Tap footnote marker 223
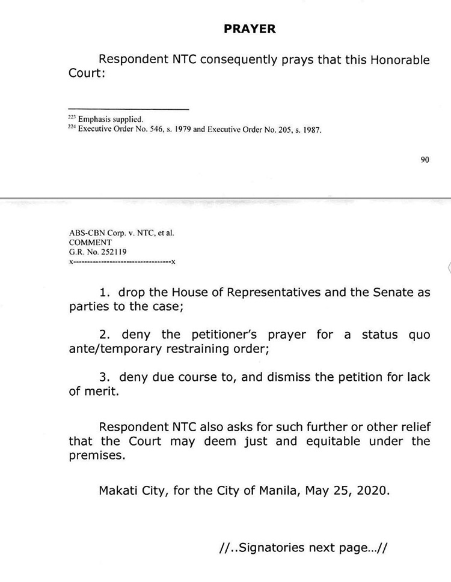tap(72, 118)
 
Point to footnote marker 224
tap(72, 127)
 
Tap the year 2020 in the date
tap(375, 490)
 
